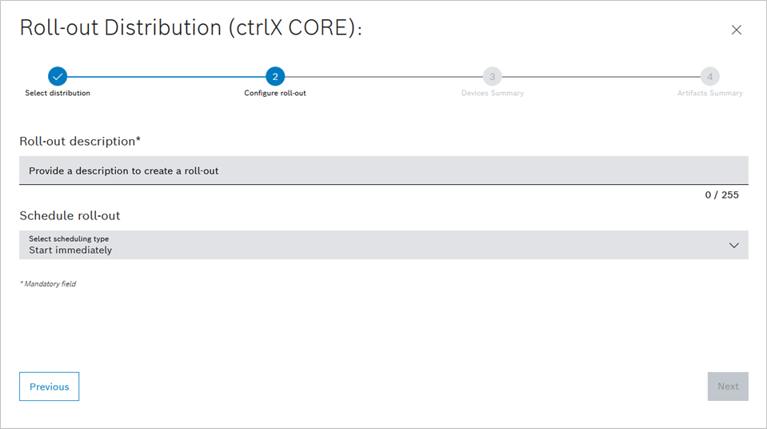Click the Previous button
[x=49, y=387]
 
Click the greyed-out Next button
[x=728, y=387]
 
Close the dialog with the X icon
[x=736, y=30]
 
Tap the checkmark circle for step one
[x=58, y=76]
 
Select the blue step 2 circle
[x=275, y=76]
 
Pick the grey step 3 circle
[x=492, y=76]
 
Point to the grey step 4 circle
[x=709, y=76]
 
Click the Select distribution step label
[x=58, y=93]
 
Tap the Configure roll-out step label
[x=275, y=93]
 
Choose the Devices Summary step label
[x=493, y=93]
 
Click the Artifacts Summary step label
[x=709, y=93]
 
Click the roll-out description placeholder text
[x=124, y=171]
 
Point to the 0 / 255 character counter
[x=722, y=195]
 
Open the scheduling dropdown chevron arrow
[x=733, y=246]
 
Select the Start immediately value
[x=70, y=251]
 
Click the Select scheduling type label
[x=69, y=239]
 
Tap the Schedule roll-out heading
[x=70, y=215]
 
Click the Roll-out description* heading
[x=80, y=141]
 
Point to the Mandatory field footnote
[x=48, y=283]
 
